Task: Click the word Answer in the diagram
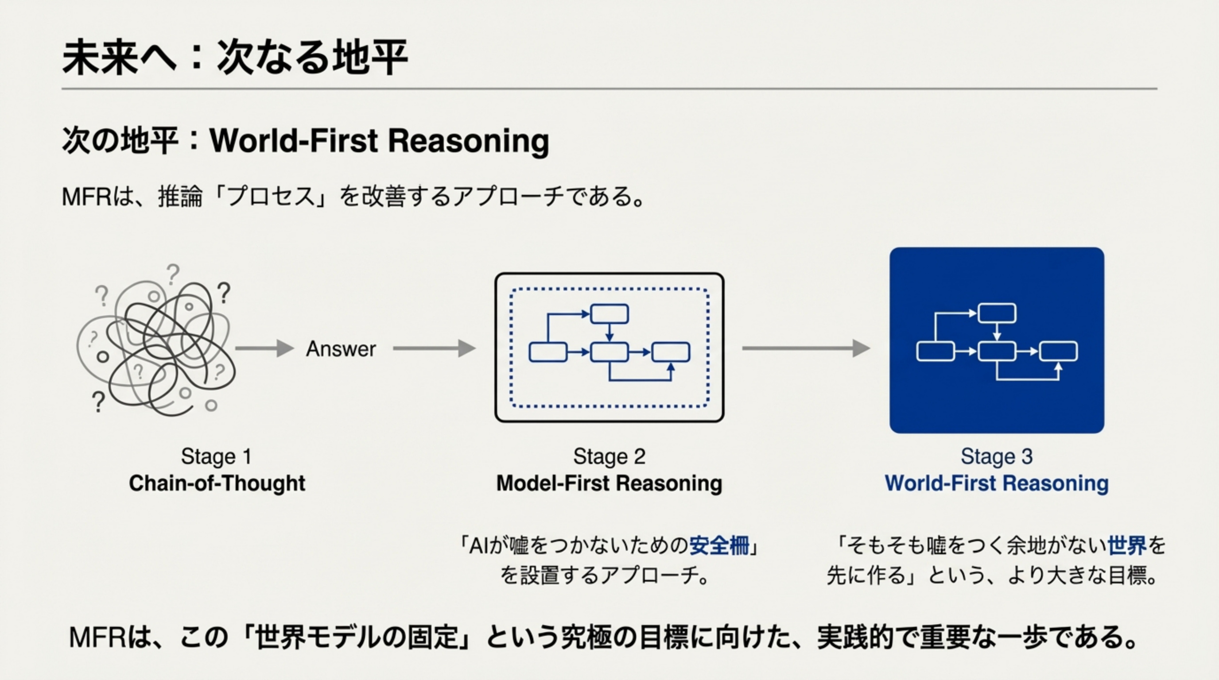tap(341, 349)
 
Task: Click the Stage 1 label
tap(216, 456)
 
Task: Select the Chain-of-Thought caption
tap(217, 483)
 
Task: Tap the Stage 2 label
tap(609, 456)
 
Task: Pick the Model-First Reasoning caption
tap(609, 483)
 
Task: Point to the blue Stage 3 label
tap(996, 456)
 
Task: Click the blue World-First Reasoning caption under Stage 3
tap(996, 483)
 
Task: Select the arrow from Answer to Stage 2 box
tap(434, 348)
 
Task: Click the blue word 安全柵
tap(719, 546)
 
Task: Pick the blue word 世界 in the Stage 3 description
tap(1127, 546)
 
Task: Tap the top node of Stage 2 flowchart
tap(609, 314)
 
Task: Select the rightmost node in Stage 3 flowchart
tap(1059, 352)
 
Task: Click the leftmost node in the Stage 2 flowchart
tap(547, 352)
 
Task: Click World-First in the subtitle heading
tap(293, 140)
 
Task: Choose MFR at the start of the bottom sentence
tap(97, 637)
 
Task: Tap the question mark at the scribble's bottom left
tap(98, 402)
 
